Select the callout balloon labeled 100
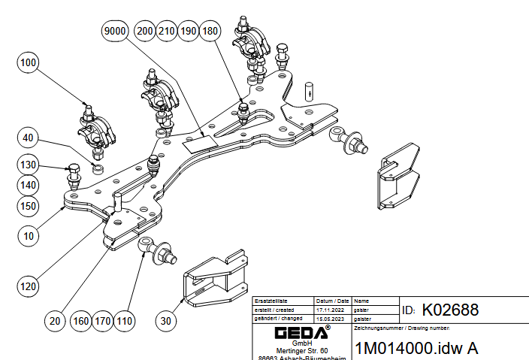pyautogui.click(x=28, y=64)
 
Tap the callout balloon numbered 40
pyautogui.click(x=28, y=138)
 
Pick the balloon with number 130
pyautogui.click(x=28, y=165)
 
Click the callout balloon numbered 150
pyautogui.click(x=28, y=204)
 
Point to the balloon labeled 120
pyautogui.click(x=28, y=286)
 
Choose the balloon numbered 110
pyautogui.click(x=125, y=322)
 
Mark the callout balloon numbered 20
pyautogui.click(x=53, y=322)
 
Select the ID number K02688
pyautogui.click(x=450, y=310)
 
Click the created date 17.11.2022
pyautogui.click(x=331, y=309)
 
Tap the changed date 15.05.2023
pyautogui.click(x=331, y=319)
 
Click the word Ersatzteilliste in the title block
pyautogui.click(x=271, y=300)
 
